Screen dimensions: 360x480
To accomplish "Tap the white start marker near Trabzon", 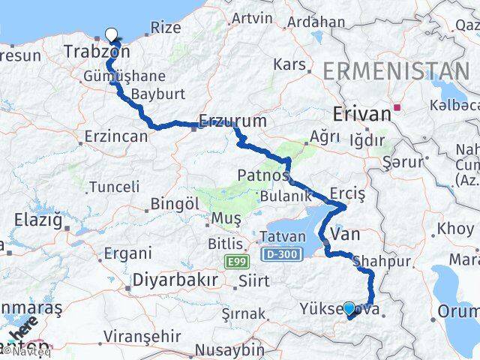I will [112, 34].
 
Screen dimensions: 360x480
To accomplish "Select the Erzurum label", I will [234, 120].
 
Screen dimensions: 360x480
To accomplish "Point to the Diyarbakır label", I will [175, 280].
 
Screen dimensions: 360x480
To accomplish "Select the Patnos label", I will [263, 175].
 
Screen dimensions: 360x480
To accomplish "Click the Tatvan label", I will [283, 237].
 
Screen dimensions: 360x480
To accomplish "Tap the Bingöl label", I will [175, 203].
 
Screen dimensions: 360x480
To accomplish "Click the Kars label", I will [289, 64].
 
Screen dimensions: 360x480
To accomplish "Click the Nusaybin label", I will [229, 349].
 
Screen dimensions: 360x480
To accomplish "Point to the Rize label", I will [166, 27].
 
